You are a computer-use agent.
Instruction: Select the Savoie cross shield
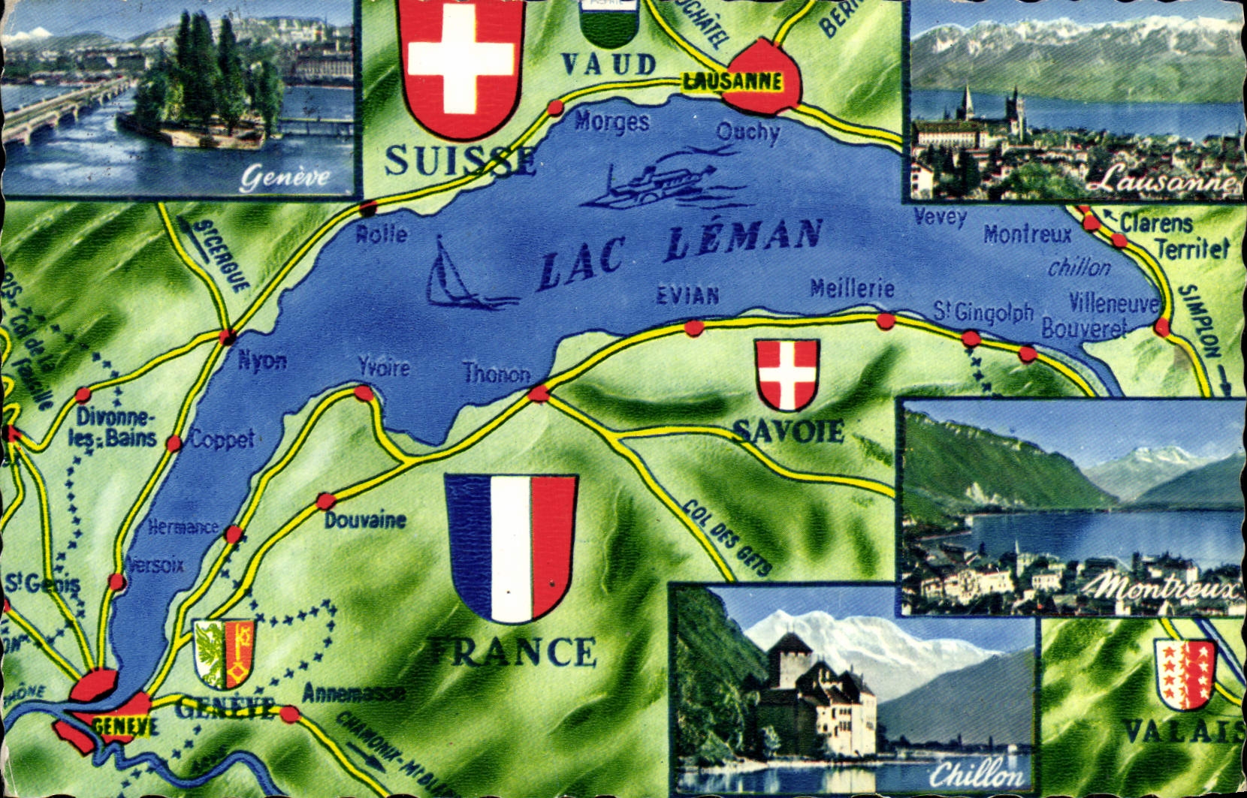click(x=787, y=374)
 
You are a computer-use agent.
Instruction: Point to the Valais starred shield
click(x=1185, y=674)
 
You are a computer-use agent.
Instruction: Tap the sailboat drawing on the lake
click(x=454, y=274)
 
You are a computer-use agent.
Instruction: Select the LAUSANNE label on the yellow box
click(x=732, y=82)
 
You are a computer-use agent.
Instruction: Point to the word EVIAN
click(x=687, y=294)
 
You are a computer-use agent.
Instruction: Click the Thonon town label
click(x=496, y=373)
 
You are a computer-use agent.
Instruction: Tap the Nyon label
click(x=262, y=361)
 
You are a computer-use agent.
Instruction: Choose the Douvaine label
click(x=365, y=519)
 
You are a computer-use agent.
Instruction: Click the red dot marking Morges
click(x=555, y=107)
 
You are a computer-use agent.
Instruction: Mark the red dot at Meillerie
click(x=886, y=322)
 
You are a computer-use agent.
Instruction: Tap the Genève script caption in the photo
click(x=285, y=177)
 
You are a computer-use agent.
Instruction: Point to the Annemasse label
click(x=353, y=693)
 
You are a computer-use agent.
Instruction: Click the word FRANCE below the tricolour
click(x=512, y=652)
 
